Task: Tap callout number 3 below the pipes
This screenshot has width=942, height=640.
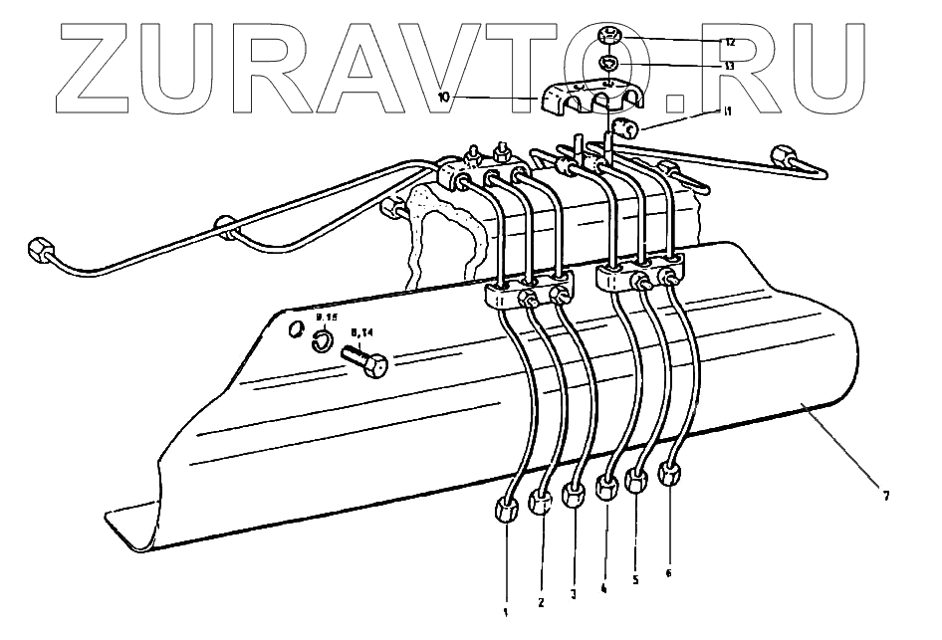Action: click(574, 596)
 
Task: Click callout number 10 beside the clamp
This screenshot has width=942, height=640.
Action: click(444, 97)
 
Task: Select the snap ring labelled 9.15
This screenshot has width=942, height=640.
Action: click(321, 342)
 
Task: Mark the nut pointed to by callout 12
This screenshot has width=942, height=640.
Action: click(610, 39)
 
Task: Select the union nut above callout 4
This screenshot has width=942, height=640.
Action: click(606, 489)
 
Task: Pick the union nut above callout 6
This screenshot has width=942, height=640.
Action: click(669, 476)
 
